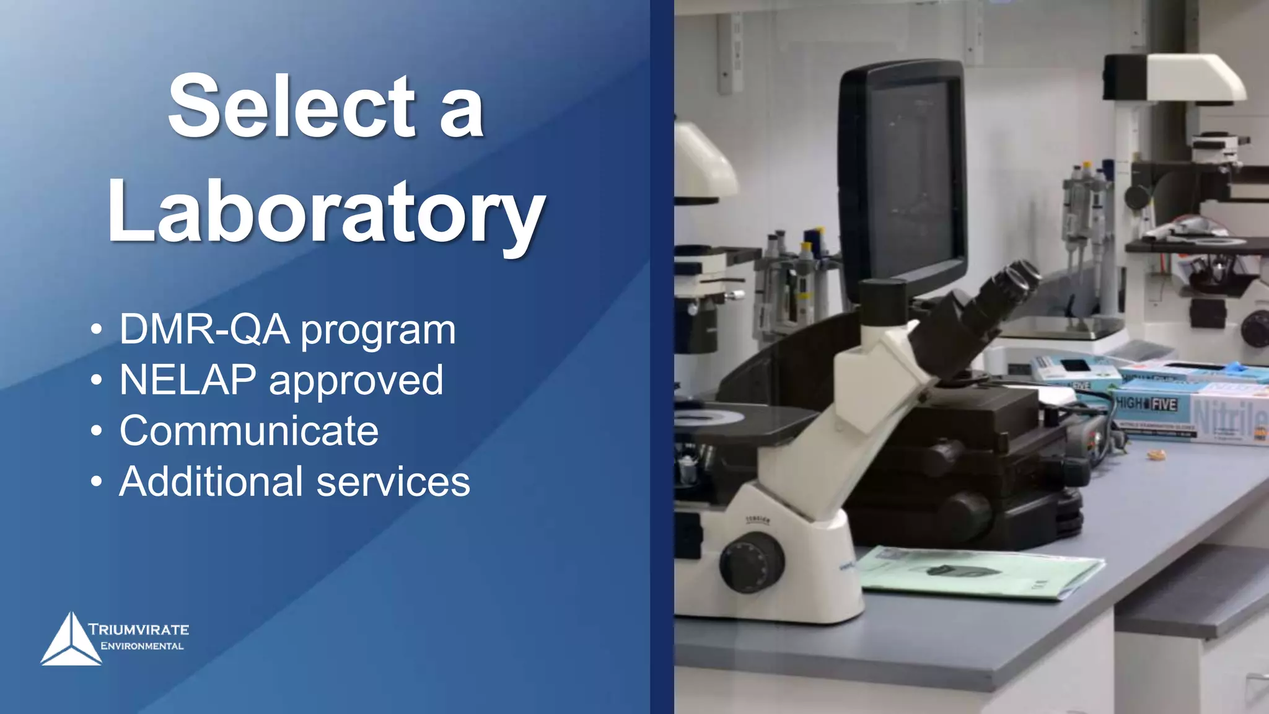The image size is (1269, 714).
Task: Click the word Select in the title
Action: coord(291,107)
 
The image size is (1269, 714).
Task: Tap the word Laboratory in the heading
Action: coord(326,212)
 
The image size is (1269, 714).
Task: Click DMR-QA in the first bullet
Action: coord(204,329)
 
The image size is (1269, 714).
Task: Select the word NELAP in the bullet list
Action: coord(188,380)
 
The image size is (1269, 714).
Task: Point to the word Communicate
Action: coord(249,431)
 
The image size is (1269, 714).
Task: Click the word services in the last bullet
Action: coord(393,482)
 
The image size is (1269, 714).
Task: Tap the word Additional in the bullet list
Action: coord(211,482)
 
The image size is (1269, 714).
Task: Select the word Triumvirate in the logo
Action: coord(139,630)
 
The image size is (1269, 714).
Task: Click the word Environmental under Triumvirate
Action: coord(142,646)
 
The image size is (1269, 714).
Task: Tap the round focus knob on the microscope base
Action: coord(751,562)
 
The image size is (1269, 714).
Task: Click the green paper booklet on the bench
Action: coord(979,571)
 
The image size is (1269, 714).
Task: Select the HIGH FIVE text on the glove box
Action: coord(1146,404)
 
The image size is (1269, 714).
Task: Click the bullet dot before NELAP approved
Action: coord(96,380)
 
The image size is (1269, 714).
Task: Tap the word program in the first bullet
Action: coord(378,330)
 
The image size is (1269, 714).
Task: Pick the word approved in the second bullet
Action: coord(356,381)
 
